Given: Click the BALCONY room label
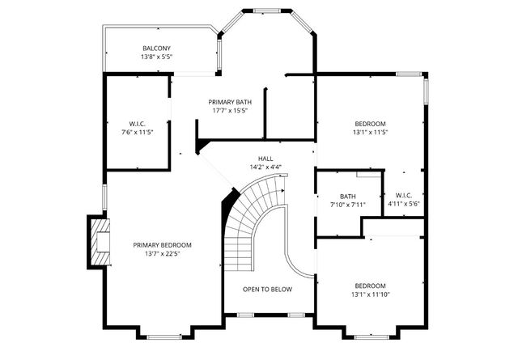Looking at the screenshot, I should (157, 49).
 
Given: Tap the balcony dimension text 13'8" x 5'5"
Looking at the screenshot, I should (157, 57).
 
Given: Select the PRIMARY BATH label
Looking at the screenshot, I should (230, 102).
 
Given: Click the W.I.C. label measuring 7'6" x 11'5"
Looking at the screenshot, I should (137, 123).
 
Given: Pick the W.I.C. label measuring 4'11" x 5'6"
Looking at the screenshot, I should (404, 195).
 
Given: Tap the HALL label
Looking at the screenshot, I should (265, 159).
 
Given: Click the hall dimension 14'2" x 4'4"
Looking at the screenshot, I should (265, 167).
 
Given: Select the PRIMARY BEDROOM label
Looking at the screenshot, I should (163, 244).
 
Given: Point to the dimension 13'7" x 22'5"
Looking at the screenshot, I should (163, 253).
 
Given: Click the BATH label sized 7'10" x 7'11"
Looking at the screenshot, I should (348, 196).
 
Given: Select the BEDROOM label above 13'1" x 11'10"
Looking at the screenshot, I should (371, 286).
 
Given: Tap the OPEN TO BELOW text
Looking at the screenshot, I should (268, 289).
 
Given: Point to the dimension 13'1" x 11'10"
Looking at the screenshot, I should (371, 294).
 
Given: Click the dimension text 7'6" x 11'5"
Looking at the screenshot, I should (137, 132).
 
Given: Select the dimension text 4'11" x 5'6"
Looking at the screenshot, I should (404, 204).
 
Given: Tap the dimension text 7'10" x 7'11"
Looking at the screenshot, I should (348, 205).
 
